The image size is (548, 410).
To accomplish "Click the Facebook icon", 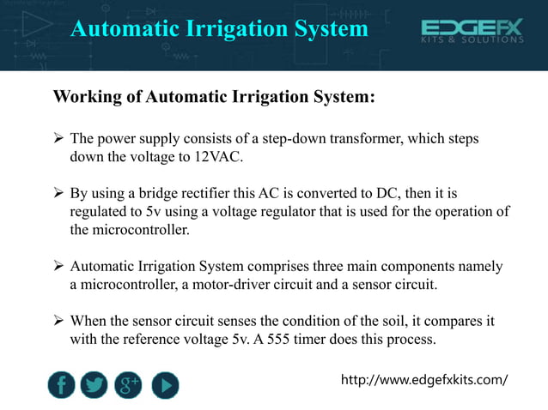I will pos(60,385).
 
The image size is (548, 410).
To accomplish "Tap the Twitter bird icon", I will pos(94,385).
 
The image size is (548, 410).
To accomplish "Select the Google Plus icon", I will pos(130,385).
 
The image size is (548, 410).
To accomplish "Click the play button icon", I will pos(165,385).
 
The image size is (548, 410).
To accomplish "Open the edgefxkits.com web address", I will pos(424,379).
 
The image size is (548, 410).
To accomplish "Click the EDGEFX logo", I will pos(471,32).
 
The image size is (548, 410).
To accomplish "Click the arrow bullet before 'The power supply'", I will pos(58,138).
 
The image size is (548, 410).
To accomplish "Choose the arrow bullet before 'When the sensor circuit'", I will pos(58,321).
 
